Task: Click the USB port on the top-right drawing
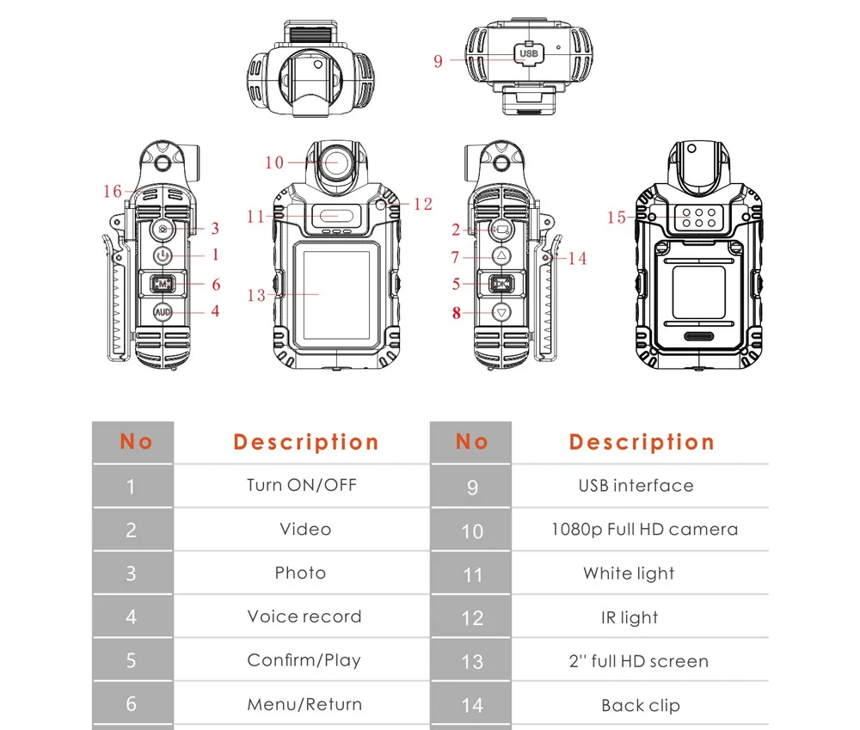pyautogui.click(x=528, y=53)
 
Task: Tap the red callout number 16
pyautogui.click(x=113, y=192)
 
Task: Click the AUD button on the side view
pyautogui.click(x=163, y=312)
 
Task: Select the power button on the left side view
pyautogui.click(x=163, y=255)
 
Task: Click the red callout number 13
pyautogui.click(x=256, y=295)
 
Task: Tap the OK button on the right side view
pyautogui.click(x=501, y=284)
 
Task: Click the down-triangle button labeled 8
pyautogui.click(x=501, y=313)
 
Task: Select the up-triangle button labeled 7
pyautogui.click(x=501, y=255)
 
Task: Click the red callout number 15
pyautogui.click(x=616, y=218)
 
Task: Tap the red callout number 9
pyautogui.click(x=438, y=61)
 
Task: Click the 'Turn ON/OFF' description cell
pyautogui.click(x=302, y=486)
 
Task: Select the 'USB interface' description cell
pyautogui.click(x=636, y=486)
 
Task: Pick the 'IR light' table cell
pyautogui.click(x=630, y=617)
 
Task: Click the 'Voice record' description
pyautogui.click(x=304, y=617)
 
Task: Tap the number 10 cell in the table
pyautogui.click(x=471, y=531)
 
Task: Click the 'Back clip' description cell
pyautogui.click(x=641, y=705)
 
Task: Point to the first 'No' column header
pyautogui.click(x=136, y=441)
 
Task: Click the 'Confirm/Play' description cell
pyautogui.click(x=304, y=660)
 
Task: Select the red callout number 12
pyautogui.click(x=423, y=205)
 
